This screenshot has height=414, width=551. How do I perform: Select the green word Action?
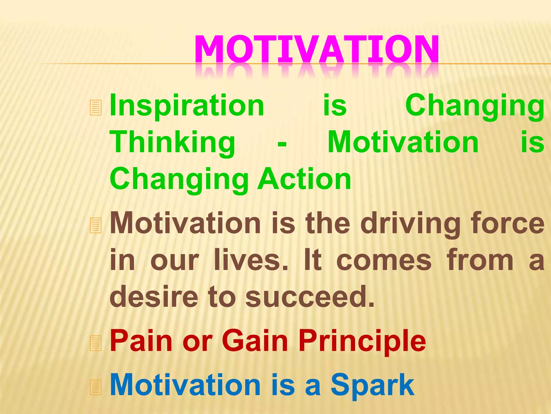point(304,179)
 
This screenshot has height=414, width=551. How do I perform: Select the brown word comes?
point(384,261)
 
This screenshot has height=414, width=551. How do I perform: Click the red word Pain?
point(141,341)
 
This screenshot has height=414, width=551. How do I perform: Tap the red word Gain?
point(255,341)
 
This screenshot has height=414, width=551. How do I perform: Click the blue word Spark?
point(372,386)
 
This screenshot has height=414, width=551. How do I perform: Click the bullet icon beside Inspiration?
point(96,108)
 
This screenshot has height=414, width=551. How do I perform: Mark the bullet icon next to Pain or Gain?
point(96,343)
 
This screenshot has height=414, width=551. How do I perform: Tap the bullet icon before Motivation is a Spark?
point(96,388)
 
